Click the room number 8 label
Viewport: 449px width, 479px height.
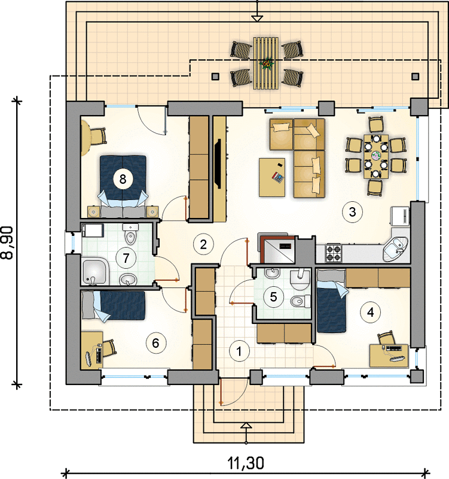click(x=123, y=179)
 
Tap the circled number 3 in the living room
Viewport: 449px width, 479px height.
click(x=352, y=212)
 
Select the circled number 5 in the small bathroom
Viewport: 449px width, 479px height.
click(x=273, y=296)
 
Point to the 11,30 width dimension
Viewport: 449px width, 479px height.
click(x=246, y=463)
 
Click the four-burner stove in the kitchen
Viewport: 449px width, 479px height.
click(x=333, y=253)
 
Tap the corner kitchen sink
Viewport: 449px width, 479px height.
click(x=395, y=249)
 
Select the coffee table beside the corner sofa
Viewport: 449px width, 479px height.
click(x=272, y=177)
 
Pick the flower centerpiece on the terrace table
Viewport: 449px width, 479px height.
click(x=267, y=63)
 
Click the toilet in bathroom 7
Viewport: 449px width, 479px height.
click(x=130, y=234)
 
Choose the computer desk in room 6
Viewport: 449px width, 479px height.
click(x=91, y=350)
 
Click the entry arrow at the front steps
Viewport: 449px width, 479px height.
click(x=246, y=426)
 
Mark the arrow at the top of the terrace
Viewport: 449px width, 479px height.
click(x=258, y=19)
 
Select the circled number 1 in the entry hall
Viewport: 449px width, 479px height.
click(x=239, y=351)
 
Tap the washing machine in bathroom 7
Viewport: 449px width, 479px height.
click(x=93, y=230)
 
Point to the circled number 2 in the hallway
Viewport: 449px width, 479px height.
click(x=203, y=244)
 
